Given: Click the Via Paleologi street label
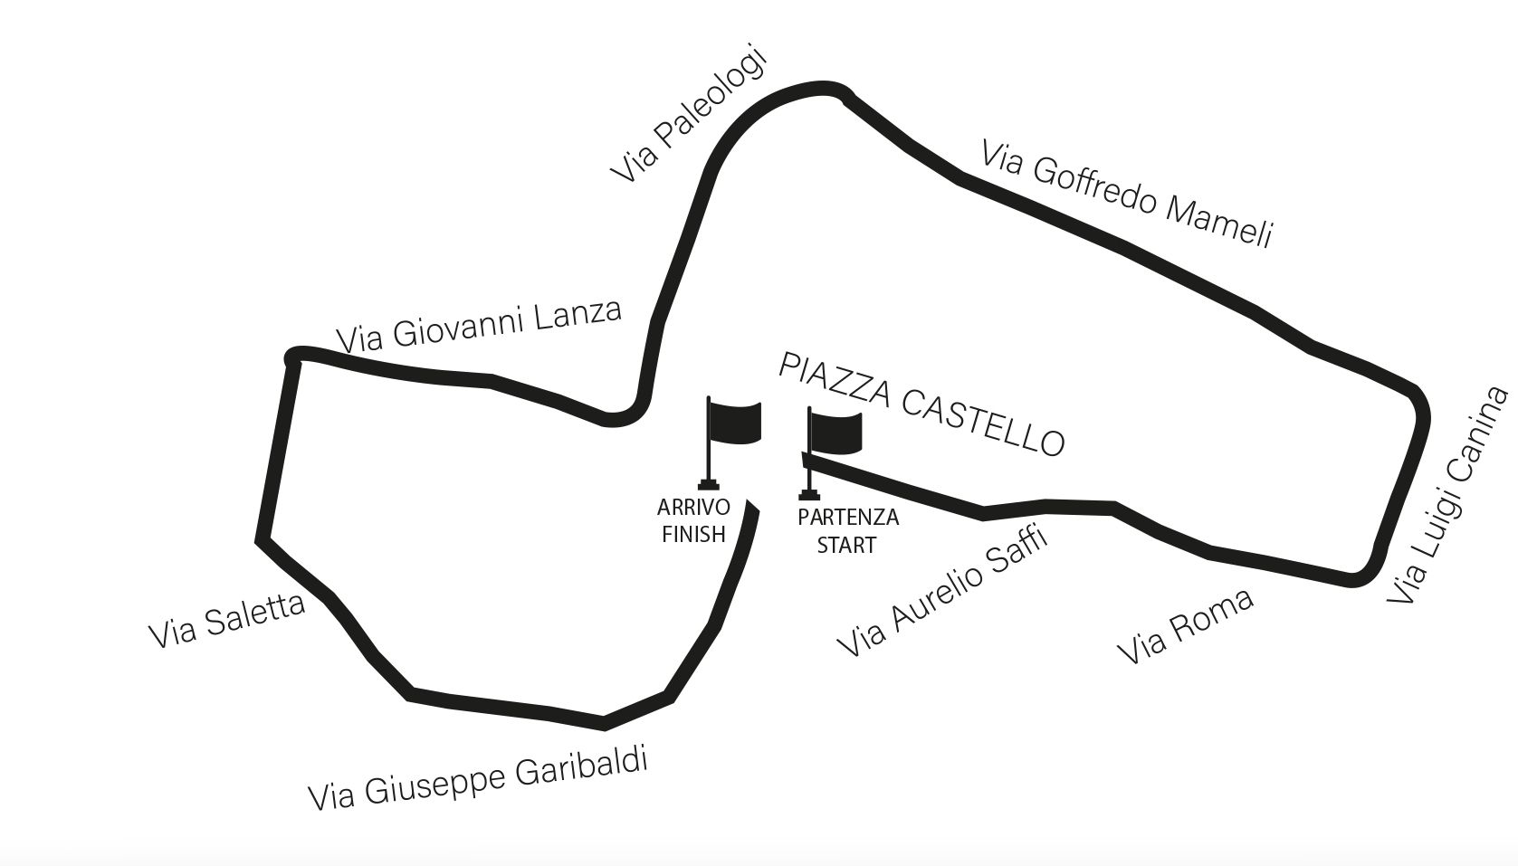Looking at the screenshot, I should tap(690, 115).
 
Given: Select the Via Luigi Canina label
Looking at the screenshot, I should tap(1448, 496).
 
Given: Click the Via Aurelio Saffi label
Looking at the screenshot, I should tap(942, 592).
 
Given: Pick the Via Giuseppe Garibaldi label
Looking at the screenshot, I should tap(478, 779).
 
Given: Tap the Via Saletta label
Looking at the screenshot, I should tap(226, 621).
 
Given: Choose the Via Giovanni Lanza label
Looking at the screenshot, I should tap(479, 327).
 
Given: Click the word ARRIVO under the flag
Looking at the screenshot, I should tap(693, 508).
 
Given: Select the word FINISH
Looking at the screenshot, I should tap(693, 535).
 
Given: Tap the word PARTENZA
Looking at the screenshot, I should tap(848, 518).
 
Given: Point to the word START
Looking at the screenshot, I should tap(846, 545).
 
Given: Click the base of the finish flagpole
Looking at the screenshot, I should tap(709, 485).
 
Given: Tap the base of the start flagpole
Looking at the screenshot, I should tap(809, 494).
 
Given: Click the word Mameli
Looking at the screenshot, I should tap(1219, 222).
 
